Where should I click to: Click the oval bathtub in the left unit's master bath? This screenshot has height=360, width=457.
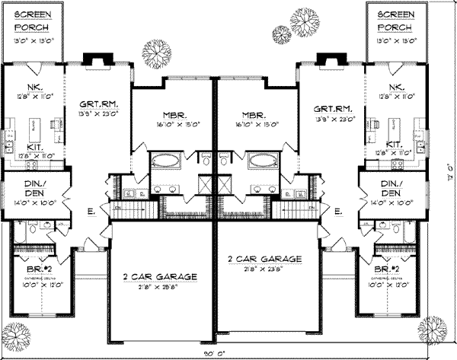tap(165, 161)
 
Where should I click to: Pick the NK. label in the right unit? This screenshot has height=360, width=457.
tap(395, 88)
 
